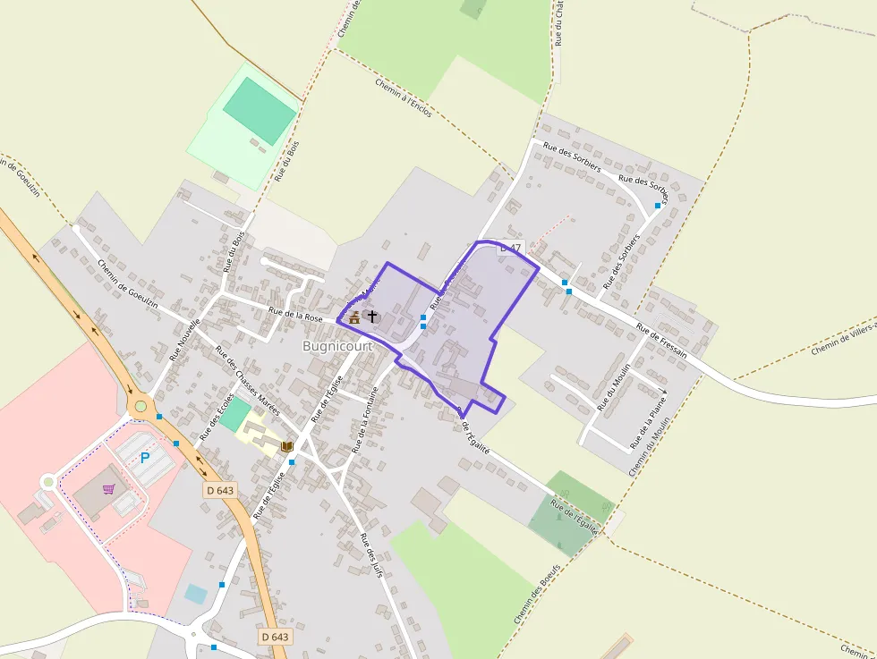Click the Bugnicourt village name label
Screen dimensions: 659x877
pos(336,345)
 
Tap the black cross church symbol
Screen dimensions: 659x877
pos(372,317)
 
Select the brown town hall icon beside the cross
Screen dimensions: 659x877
pos(354,317)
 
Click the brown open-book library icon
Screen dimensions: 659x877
pos(287,445)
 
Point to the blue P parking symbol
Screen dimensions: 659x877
pos(145,458)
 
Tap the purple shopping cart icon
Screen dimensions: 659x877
pos(109,488)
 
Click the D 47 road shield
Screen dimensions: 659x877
pos(510,248)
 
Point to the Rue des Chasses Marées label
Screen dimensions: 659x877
pos(248,379)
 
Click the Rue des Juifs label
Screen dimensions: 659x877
pos(370,554)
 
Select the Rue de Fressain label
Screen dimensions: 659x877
pos(661,340)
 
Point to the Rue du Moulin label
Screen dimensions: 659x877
pos(615,385)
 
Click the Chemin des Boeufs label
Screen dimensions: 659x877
pos(537,594)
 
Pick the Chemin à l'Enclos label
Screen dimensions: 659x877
pos(404,97)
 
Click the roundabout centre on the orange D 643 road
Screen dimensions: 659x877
pos(140,407)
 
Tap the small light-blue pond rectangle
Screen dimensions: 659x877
pos(195,593)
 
